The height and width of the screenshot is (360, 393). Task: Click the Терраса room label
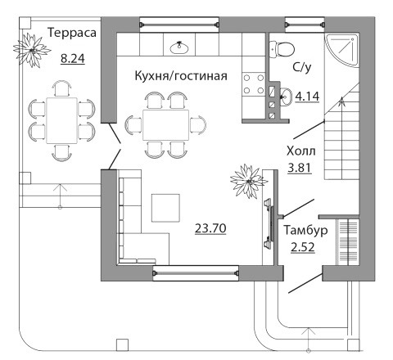pos(72,34)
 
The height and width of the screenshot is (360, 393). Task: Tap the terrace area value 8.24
pos(73,59)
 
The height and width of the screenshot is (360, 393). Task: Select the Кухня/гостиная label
pos(181,76)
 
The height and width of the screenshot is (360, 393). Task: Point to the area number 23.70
pos(210,228)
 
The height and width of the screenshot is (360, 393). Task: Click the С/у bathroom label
pos(302,67)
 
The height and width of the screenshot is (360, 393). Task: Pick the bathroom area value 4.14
pos(307,97)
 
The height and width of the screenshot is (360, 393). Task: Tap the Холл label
pos(301,151)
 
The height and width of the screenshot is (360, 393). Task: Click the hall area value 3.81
pos(300,168)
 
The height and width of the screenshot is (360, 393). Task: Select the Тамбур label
pos(305,231)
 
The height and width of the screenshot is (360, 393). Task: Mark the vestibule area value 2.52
pos(303,248)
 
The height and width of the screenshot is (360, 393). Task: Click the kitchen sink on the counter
pos(179,47)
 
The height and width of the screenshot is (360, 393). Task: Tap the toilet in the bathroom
pos(282,49)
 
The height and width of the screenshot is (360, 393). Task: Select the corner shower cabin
pos(341,50)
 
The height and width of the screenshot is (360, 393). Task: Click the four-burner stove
pos(254,84)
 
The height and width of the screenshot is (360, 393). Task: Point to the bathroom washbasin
pos(286,97)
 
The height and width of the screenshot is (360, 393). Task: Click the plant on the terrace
pos(32,50)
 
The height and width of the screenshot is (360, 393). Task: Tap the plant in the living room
pos(249,181)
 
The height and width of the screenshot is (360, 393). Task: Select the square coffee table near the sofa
pos(165,208)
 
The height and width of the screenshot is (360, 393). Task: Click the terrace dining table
pos(61,120)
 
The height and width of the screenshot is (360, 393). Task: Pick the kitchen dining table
pos(165,125)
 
